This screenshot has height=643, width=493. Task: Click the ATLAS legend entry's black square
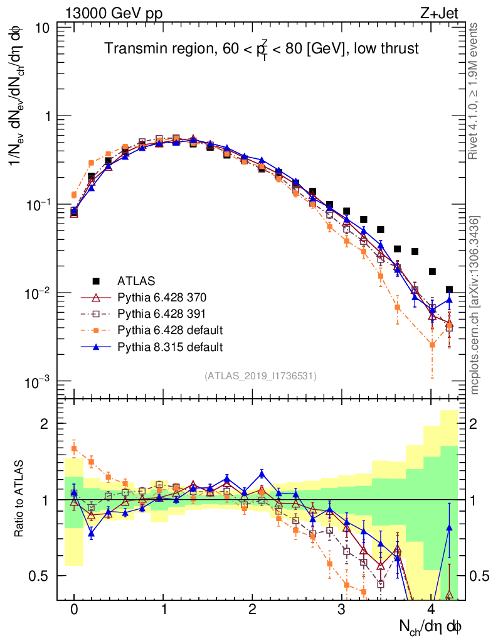pos(96,280)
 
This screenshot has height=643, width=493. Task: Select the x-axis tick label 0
pos(74,610)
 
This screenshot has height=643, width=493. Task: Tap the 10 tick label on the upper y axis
pos(43,28)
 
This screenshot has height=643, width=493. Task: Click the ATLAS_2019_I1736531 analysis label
pos(260,376)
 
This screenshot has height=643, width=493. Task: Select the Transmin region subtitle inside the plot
pos(262,50)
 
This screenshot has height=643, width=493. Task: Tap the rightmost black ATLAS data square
pos(449,290)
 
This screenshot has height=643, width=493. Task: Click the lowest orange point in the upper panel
pos(431,344)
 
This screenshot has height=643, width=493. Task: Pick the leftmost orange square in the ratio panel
pos(74,448)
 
